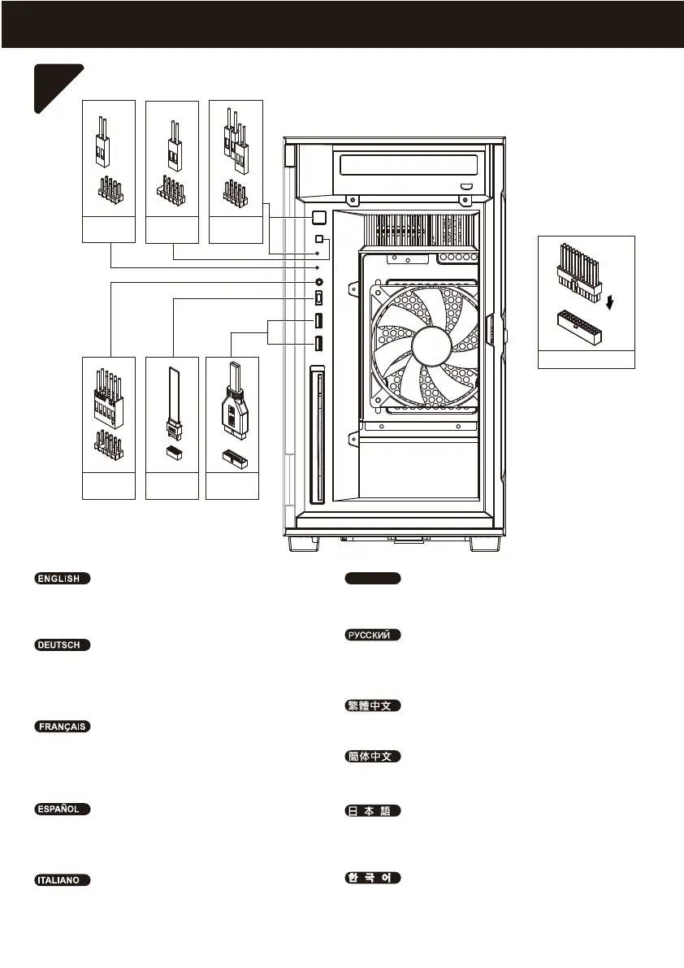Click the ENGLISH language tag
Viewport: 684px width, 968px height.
62,579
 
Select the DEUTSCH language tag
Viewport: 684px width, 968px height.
62,645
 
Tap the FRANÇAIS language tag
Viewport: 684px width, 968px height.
62,726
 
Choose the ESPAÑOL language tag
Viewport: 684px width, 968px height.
62,810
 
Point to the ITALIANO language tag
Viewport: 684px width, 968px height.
62,880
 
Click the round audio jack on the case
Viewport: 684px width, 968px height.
318,281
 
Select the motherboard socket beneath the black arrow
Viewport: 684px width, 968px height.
587,328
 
